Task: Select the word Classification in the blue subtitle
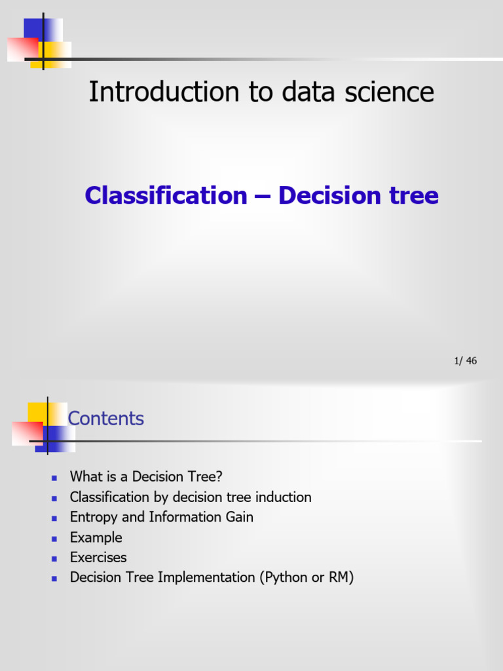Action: tap(166, 195)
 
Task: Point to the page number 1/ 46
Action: tap(465, 361)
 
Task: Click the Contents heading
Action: tap(106, 419)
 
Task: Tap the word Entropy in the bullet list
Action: tap(94, 517)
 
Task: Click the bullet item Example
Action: tap(96, 537)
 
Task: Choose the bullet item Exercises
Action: tap(98, 558)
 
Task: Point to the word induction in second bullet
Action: tap(284, 497)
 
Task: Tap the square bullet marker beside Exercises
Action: tap(55, 558)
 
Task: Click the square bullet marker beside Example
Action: tap(55, 538)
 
